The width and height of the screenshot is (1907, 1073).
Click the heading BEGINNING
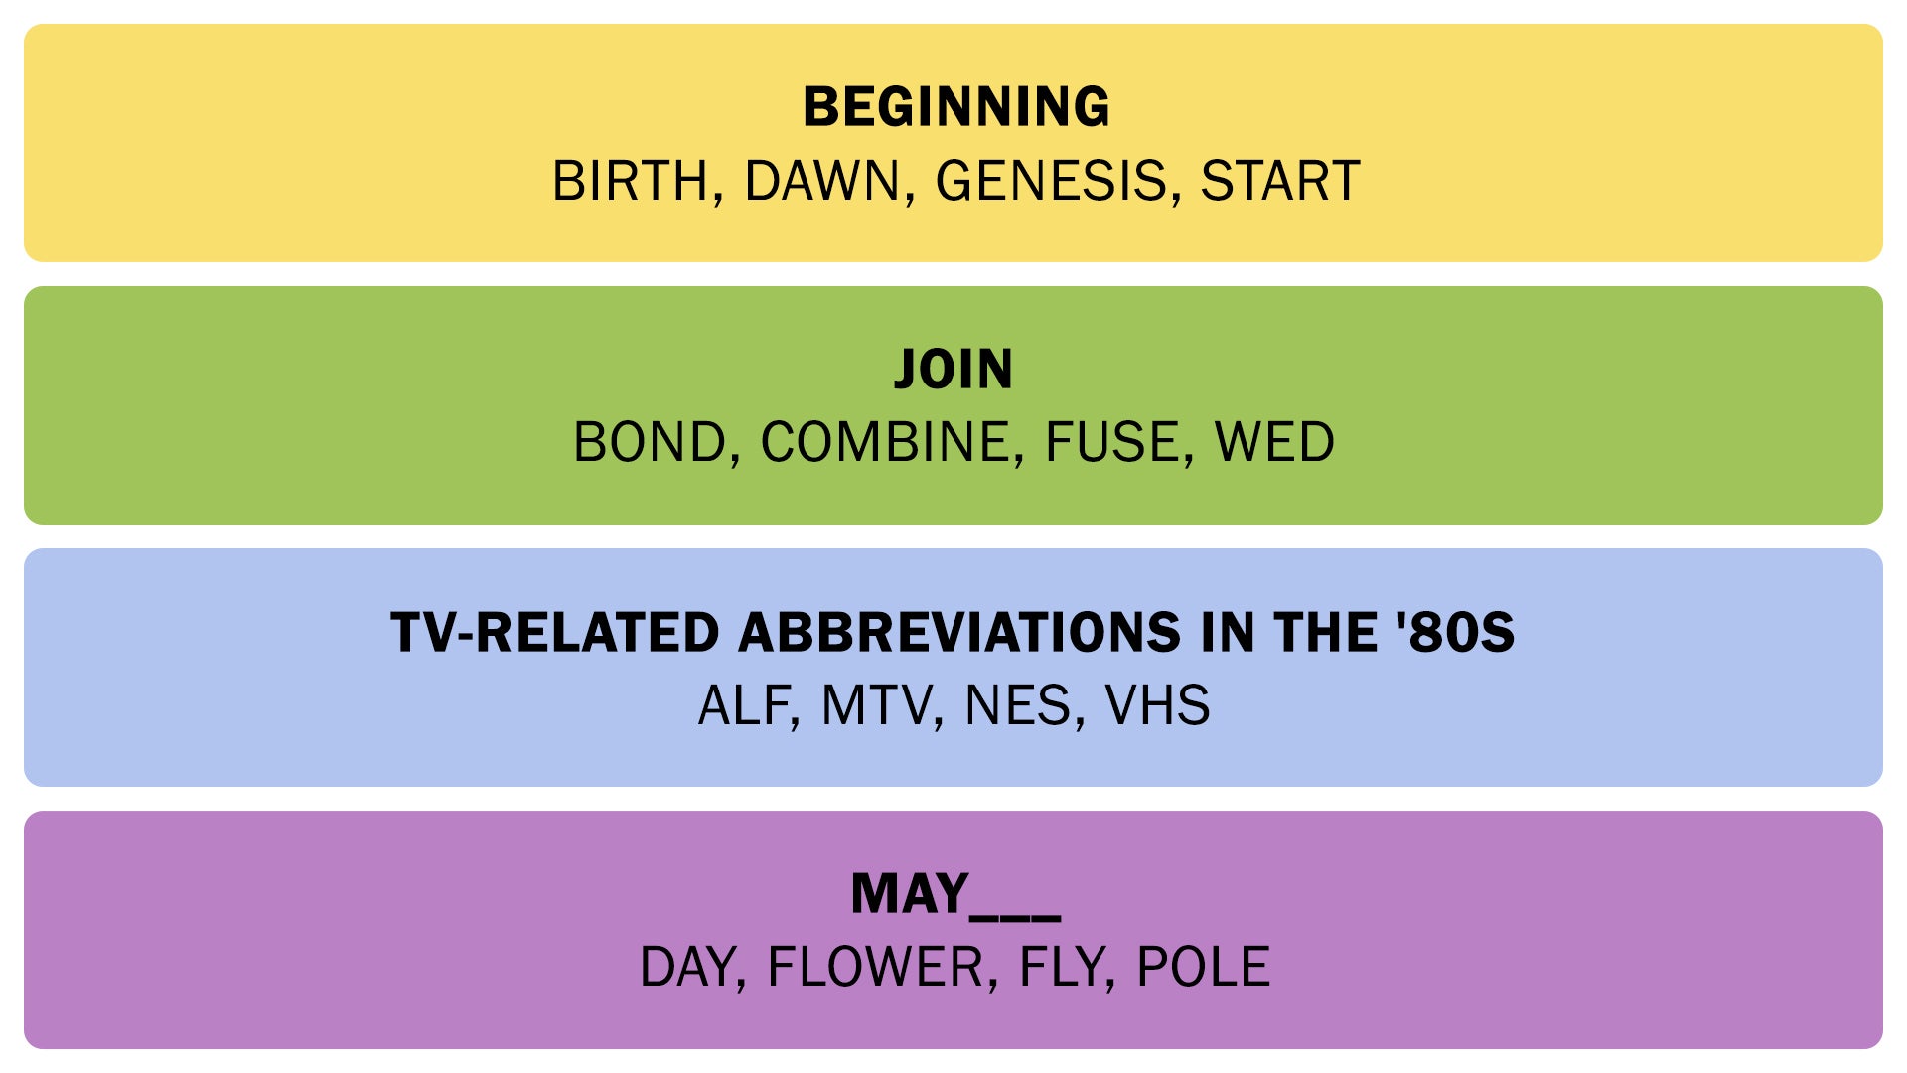(x=955, y=107)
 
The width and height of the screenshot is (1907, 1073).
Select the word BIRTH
(x=629, y=182)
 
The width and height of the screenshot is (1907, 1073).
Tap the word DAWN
(x=820, y=182)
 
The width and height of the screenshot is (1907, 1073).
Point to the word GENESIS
(x=1051, y=182)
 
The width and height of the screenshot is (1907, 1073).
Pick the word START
(x=1279, y=182)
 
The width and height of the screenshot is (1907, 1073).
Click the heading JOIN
(x=953, y=370)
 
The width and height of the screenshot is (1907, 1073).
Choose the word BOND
(x=650, y=443)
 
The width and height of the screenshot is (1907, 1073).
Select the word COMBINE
(x=884, y=443)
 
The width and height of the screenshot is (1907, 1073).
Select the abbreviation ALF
(x=743, y=706)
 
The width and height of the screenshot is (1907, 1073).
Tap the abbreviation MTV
(x=876, y=706)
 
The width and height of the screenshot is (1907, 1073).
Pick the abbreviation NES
(x=1018, y=706)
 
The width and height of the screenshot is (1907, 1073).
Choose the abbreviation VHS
(x=1157, y=706)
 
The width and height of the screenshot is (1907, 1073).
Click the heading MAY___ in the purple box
(x=954, y=894)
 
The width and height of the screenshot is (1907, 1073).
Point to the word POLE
(x=1203, y=968)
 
